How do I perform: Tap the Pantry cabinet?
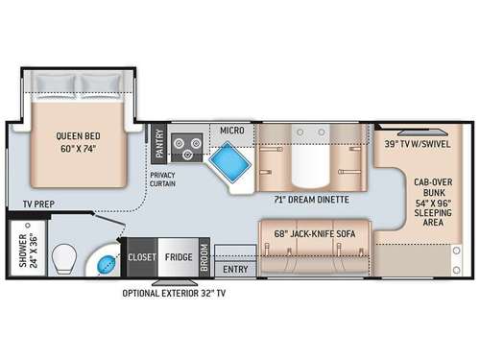(x=158, y=144)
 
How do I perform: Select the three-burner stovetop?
(x=187, y=147)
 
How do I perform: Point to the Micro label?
(x=232, y=131)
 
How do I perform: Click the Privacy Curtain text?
(x=162, y=180)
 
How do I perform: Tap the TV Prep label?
(x=38, y=204)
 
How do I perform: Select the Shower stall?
(x=28, y=248)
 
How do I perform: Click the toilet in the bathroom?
(x=64, y=259)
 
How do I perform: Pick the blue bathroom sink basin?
(x=107, y=264)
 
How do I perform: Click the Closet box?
(x=142, y=257)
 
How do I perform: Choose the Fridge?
(x=179, y=257)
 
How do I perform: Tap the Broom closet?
(x=204, y=257)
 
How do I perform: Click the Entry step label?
(x=235, y=270)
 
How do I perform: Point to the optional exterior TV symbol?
(x=175, y=282)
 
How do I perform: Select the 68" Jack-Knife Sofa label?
(x=315, y=234)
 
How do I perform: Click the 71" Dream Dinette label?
(x=311, y=200)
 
